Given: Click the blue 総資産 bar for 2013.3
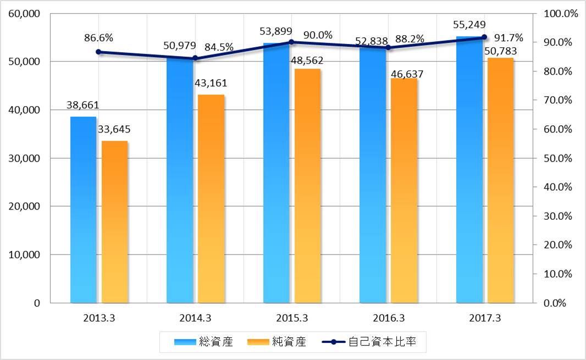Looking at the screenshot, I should [x=83, y=209].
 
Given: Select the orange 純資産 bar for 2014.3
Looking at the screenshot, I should [x=211, y=198].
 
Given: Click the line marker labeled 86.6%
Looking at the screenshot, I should [x=98, y=52].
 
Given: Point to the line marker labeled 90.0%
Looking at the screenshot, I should [x=291, y=42].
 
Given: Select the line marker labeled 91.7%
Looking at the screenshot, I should [x=484, y=37].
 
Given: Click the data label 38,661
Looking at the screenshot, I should [x=82, y=105].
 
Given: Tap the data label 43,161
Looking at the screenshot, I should [x=211, y=84].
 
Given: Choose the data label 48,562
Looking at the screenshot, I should [x=307, y=58].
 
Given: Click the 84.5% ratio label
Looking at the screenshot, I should [x=219, y=47].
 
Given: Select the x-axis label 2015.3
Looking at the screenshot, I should [x=291, y=318].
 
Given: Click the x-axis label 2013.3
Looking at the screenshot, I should [x=99, y=318].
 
